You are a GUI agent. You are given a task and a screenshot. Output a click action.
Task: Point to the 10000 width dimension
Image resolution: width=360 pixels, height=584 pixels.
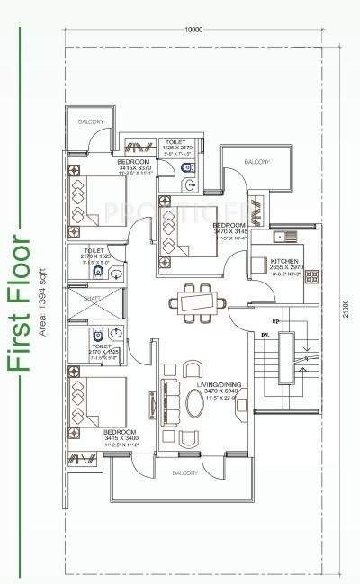click(x=192, y=30)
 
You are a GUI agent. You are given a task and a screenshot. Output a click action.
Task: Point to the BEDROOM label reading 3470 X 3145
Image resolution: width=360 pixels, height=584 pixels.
click(x=229, y=225)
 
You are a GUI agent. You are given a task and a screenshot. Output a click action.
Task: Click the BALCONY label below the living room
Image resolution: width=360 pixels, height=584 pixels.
click(x=184, y=472)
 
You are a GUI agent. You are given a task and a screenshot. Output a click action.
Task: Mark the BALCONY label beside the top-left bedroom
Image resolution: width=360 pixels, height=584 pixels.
click(x=90, y=121)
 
